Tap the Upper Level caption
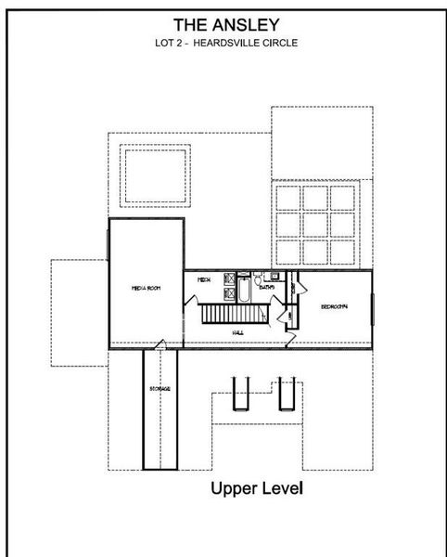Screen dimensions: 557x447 click(x=257, y=487)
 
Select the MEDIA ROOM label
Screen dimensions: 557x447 click(x=147, y=289)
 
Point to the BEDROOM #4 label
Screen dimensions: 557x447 click(x=334, y=306)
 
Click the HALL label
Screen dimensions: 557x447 click(x=238, y=333)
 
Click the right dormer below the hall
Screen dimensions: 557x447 click(x=286, y=395)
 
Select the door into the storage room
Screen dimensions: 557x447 click(x=160, y=346)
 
